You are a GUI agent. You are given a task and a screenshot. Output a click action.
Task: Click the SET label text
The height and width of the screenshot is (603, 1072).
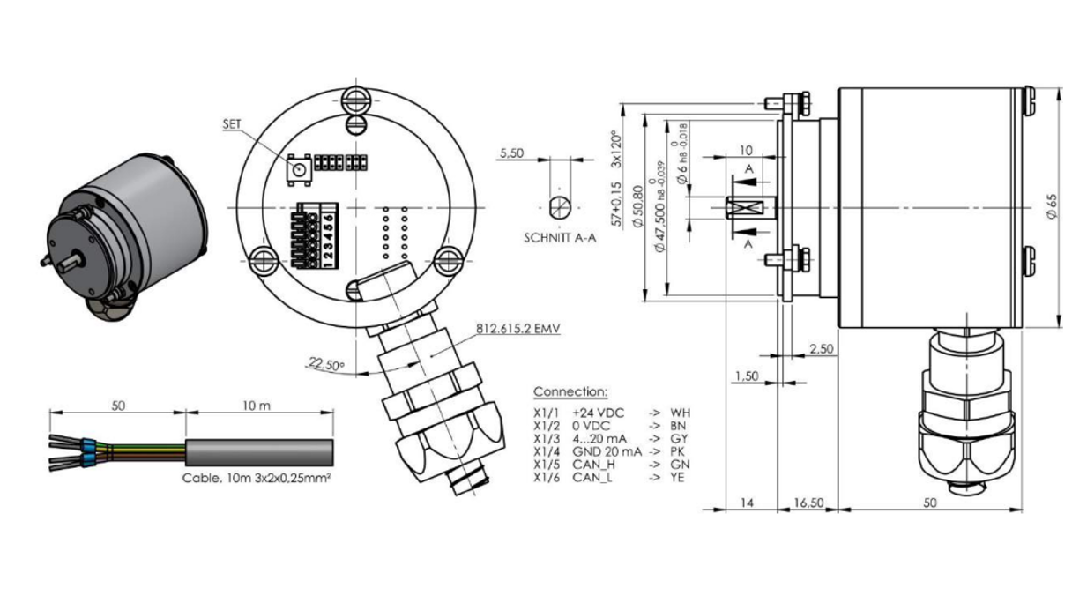click(232, 125)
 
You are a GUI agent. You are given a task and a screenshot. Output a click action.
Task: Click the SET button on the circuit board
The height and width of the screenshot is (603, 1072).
click(298, 168)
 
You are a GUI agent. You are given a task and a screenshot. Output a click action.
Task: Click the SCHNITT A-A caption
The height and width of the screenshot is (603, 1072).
click(560, 238)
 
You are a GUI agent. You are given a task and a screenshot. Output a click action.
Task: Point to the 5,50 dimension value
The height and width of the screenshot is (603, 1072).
click(511, 153)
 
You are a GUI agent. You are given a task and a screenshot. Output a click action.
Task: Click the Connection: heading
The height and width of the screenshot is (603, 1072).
click(570, 391)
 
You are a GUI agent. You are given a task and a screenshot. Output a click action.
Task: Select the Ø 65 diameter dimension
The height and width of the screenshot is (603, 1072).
click(1052, 208)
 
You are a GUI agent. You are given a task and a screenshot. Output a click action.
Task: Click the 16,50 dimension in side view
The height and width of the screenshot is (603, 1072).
click(808, 502)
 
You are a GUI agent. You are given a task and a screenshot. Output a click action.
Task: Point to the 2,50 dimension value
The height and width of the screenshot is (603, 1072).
click(820, 350)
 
